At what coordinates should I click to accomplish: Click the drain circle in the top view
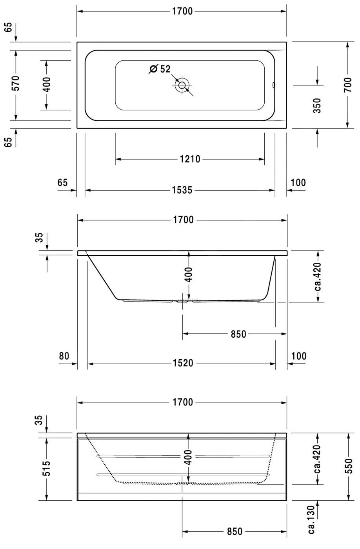pyautogui.click(x=182, y=85)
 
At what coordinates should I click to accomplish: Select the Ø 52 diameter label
pyautogui.click(x=160, y=69)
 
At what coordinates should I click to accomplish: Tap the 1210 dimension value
pyautogui.click(x=190, y=159)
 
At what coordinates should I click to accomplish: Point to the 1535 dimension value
pyautogui.click(x=182, y=190)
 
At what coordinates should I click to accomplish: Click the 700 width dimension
pyautogui.click(x=347, y=85)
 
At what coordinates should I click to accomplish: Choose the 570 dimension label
pyautogui.click(x=15, y=83)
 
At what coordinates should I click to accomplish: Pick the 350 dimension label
pyautogui.click(x=317, y=105)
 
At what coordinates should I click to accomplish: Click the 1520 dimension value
pyautogui.click(x=183, y=363)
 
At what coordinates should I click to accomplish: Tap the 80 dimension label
pyautogui.click(x=64, y=356)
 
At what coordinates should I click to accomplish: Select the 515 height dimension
pyautogui.click(x=47, y=468)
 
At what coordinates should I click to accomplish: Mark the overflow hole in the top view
pyautogui.click(x=273, y=85)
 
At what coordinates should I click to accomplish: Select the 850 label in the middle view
pyautogui.click(x=238, y=334)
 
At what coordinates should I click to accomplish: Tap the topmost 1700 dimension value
pyautogui.click(x=182, y=11)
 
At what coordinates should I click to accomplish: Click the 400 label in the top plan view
pyautogui.click(x=47, y=85)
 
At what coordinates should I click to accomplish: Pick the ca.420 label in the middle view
pyautogui.click(x=318, y=276)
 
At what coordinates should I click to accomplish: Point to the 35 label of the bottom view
pyautogui.click(x=39, y=420)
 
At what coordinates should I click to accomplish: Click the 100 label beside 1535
pyautogui.click(x=298, y=183)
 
